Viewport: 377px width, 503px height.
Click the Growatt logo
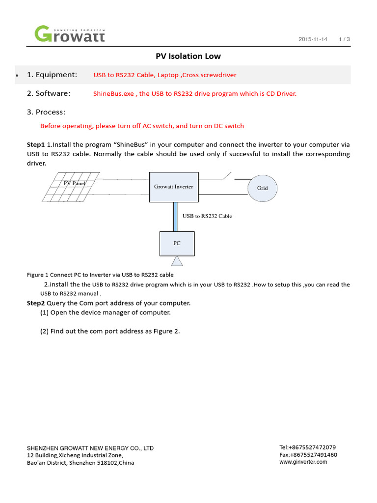point(69,34)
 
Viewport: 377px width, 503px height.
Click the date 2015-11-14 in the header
point(313,39)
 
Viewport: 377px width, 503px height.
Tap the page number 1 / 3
point(344,39)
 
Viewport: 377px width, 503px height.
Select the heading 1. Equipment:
point(52,75)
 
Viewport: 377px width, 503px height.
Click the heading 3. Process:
point(46,112)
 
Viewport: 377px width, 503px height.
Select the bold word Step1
point(36,145)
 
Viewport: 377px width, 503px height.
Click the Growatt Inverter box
point(174,187)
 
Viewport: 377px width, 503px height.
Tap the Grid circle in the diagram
point(263,188)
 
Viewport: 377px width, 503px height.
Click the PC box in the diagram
point(177,243)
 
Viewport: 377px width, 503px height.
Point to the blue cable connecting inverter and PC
point(174,216)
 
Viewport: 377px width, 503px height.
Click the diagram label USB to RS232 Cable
point(207,216)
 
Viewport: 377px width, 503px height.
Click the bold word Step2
point(36,303)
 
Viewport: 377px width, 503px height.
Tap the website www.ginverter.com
point(303,462)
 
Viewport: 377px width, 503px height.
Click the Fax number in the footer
point(308,455)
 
